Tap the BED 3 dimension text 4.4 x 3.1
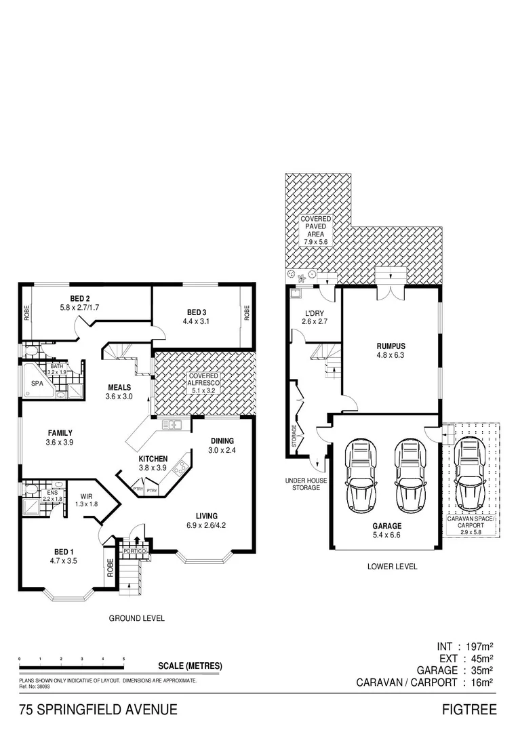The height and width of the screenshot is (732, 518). click(196, 322)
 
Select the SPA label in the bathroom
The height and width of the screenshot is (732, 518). click(37, 383)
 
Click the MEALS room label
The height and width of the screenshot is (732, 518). click(119, 388)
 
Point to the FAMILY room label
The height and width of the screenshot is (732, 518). click(60, 432)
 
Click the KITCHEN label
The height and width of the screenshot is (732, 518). click(153, 458)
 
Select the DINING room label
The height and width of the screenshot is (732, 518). click(222, 441)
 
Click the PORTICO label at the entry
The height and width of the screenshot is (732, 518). click(133, 551)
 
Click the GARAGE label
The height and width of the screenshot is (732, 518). click(386, 526)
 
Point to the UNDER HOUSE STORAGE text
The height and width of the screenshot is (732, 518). click(306, 484)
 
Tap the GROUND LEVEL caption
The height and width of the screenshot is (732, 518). click(137, 618)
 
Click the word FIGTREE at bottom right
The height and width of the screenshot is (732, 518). click(469, 710)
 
